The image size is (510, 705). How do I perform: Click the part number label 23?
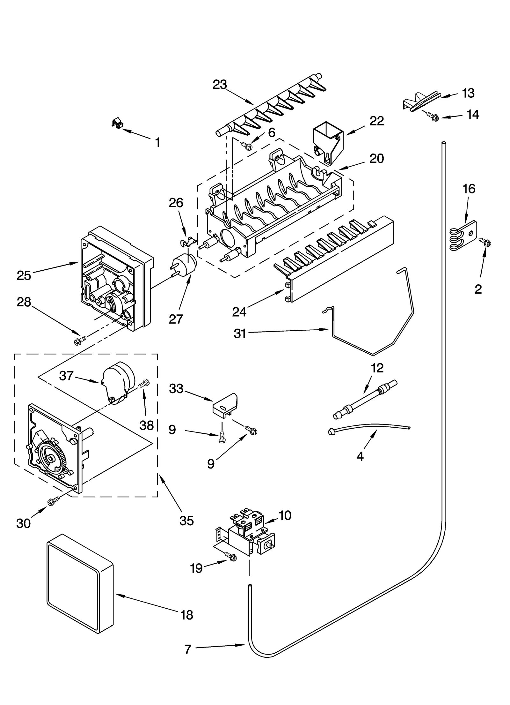pos(220,85)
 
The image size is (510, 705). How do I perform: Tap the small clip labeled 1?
pos(118,123)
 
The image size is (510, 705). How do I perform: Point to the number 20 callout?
pos(376,159)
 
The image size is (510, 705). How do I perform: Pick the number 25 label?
pos(24,275)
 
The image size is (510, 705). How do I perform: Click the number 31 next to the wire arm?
pos(240,334)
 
